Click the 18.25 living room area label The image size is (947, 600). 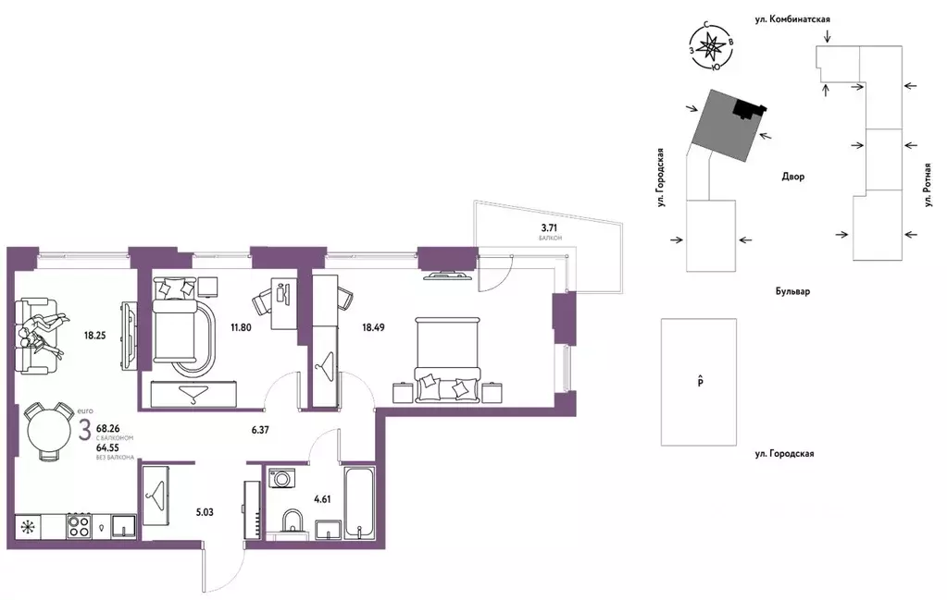94,336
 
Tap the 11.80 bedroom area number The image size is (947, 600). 241,328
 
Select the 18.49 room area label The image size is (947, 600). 373,328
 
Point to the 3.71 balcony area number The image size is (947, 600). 549,228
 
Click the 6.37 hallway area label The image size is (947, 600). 260,431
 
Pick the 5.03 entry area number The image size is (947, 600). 205,512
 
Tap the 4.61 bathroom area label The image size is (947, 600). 322,499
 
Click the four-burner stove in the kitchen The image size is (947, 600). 79,525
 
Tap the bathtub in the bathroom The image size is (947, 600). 359,502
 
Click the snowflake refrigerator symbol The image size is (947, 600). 27,526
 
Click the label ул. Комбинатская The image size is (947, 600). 792,19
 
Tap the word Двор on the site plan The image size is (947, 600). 793,177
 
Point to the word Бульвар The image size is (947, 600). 793,291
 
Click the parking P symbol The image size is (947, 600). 700,382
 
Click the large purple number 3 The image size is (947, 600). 85,429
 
